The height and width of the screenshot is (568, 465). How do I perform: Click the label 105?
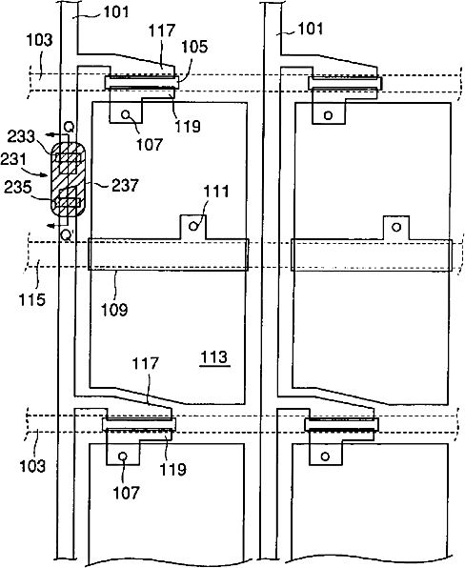point(194,47)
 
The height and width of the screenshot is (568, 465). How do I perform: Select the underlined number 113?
point(214,357)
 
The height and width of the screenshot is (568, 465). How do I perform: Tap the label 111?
point(216,192)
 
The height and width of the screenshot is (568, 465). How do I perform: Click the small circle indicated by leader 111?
point(193,227)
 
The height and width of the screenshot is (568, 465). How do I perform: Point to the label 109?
point(114,310)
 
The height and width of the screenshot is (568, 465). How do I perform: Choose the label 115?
point(32,299)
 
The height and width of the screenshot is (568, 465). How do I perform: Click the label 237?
point(125,186)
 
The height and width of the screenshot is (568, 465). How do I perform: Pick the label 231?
point(13,159)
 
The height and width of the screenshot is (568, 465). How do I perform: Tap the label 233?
point(21,137)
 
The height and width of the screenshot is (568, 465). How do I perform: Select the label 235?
point(18,188)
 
